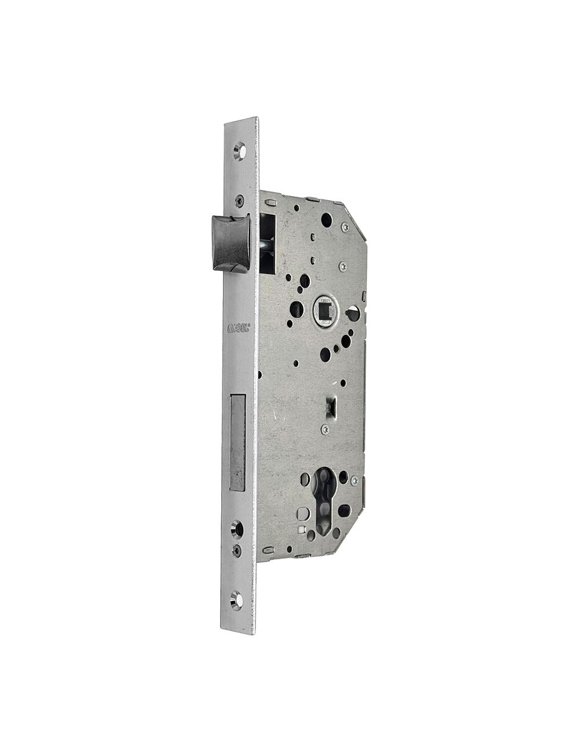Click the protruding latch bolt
coord(230,242)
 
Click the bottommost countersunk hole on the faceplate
coord(236,600)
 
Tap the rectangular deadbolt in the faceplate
coord(237,443)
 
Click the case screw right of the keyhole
coord(355,481)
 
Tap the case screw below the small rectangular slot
coord(326,429)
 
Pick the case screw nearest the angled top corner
coord(345,227)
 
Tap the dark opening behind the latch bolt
coord(267,243)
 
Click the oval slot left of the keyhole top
coord(305,478)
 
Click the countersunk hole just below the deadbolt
coord(236,527)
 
